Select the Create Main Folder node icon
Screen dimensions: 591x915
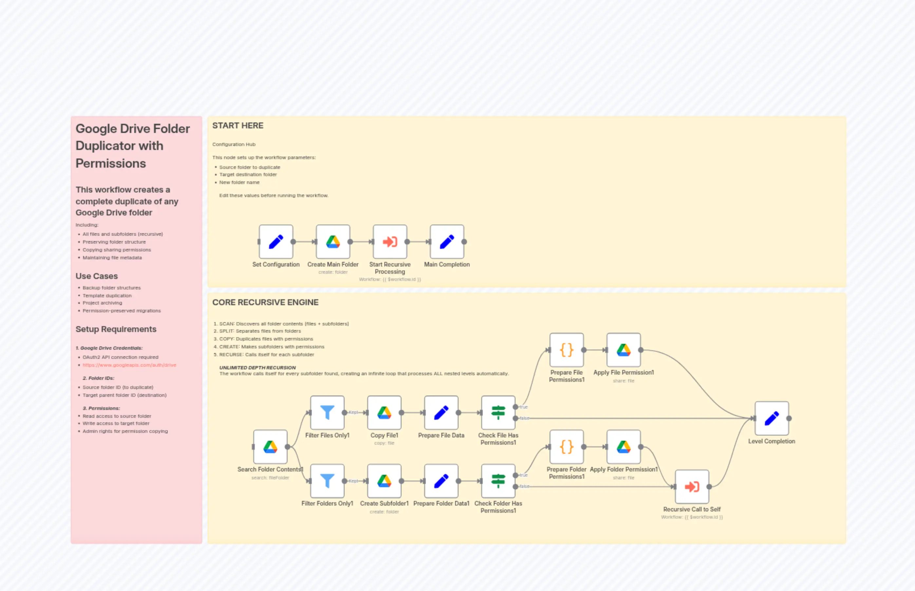tap(333, 242)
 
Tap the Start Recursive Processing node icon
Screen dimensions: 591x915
tap(390, 242)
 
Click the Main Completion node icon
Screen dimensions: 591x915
tap(447, 242)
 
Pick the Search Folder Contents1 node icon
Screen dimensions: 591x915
tap(270, 447)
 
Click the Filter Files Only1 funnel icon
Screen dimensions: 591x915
tap(327, 413)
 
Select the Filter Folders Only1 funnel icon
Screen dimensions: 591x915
tap(327, 481)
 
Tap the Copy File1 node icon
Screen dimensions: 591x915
tap(384, 413)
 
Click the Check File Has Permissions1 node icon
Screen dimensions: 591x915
tap(498, 413)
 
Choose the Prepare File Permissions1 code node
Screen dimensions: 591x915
tap(567, 350)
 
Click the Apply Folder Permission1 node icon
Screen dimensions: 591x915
tap(624, 447)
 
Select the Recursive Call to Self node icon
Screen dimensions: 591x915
tap(692, 487)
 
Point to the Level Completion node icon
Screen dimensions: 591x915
tap(772, 418)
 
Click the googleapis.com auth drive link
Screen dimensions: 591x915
tap(129, 365)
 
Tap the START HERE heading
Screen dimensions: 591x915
tap(237, 125)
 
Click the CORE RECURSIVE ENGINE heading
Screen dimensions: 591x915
tap(265, 303)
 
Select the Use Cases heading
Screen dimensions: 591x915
tap(97, 276)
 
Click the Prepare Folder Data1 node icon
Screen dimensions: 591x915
tap(441, 481)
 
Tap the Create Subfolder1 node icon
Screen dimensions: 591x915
tap(384, 481)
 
